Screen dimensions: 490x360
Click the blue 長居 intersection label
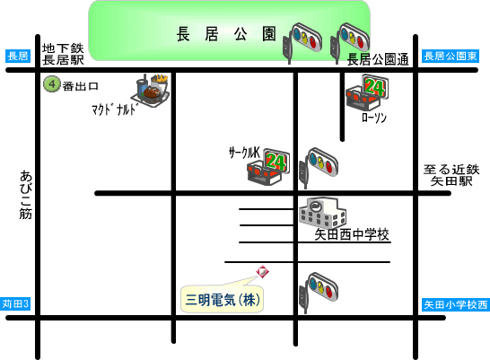(18, 57)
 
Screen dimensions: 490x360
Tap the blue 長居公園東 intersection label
(451, 57)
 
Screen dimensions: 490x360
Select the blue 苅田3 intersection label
(15, 303)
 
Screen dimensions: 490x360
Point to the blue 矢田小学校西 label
(456, 304)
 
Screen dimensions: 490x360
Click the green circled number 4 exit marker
(52, 84)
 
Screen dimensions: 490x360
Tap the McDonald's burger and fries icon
(151, 91)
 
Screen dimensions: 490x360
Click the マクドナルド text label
(115, 110)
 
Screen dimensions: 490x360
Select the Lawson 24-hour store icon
(367, 92)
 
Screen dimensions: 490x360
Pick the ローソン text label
(374, 118)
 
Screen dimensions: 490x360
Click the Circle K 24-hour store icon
(268, 167)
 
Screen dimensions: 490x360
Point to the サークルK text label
(244, 153)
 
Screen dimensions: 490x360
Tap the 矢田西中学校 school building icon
(323, 212)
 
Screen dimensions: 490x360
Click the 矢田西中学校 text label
(352, 234)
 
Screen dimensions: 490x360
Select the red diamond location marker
(262, 271)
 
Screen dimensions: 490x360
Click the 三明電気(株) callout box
(223, 299)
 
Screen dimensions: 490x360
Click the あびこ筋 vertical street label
(26, 195)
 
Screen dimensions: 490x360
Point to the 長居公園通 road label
(378, 59)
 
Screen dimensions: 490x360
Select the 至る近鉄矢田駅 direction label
(451, 175)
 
